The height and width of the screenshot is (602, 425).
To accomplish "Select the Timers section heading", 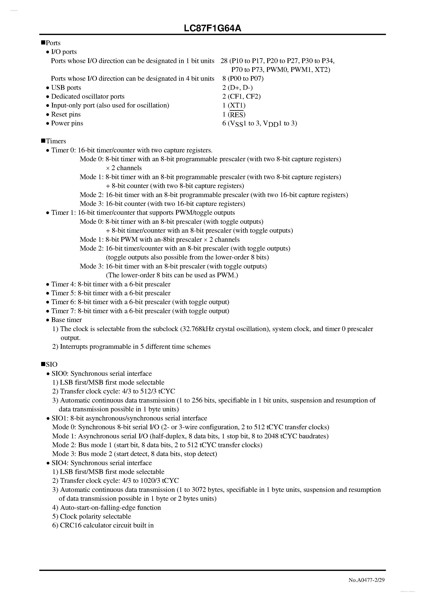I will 56,141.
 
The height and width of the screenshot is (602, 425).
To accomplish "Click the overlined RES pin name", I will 237,115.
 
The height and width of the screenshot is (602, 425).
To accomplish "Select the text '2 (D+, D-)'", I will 237,87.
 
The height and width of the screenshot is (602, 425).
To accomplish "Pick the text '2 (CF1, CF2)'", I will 241,97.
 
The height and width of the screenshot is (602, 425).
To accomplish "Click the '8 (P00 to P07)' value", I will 243,79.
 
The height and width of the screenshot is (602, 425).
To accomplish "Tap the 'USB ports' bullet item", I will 66,87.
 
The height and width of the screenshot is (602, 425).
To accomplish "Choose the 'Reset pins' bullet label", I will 66,115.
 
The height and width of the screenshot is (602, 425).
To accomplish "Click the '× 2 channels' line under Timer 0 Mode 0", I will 124,168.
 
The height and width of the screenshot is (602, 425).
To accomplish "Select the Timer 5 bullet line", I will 111,293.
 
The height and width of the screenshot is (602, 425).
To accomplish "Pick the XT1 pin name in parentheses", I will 237,105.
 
